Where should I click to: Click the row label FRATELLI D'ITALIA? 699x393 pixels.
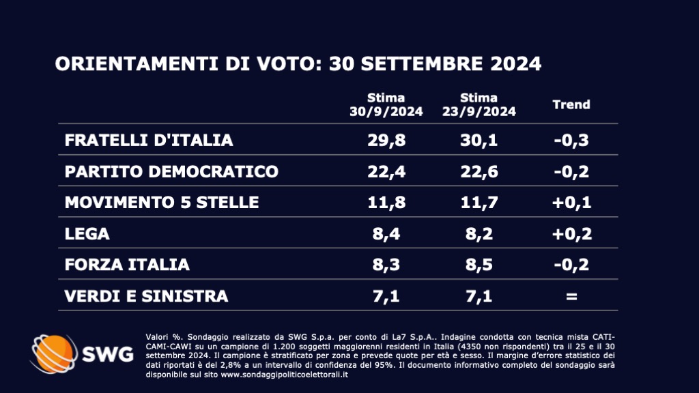pos(148,141)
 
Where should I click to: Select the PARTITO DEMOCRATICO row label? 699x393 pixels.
pos(171,171)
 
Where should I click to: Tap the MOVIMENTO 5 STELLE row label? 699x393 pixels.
pos(161,203)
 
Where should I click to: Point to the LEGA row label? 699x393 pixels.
pos(87,234)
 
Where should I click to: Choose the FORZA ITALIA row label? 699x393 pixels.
pos(126,265)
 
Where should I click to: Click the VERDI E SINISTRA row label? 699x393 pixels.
pos(146,296)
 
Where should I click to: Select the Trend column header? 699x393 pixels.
pos(571,105)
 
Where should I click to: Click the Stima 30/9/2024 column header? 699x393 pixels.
pos(386,105)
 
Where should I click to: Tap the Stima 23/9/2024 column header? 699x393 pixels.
pos(479,105)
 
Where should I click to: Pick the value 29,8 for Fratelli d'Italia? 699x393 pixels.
pos(386,141)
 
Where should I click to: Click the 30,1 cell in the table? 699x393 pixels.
pos(479,141)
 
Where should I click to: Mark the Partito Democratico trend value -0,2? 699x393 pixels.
pos(571,171)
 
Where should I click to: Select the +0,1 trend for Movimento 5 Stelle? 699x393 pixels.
pos(571,203)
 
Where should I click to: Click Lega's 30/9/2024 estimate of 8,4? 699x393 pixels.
pos(386,234)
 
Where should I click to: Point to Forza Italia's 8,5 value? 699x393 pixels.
pos(479,265)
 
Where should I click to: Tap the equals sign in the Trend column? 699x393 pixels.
pos(571,296)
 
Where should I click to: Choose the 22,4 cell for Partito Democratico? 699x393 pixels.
pos(386,171)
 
